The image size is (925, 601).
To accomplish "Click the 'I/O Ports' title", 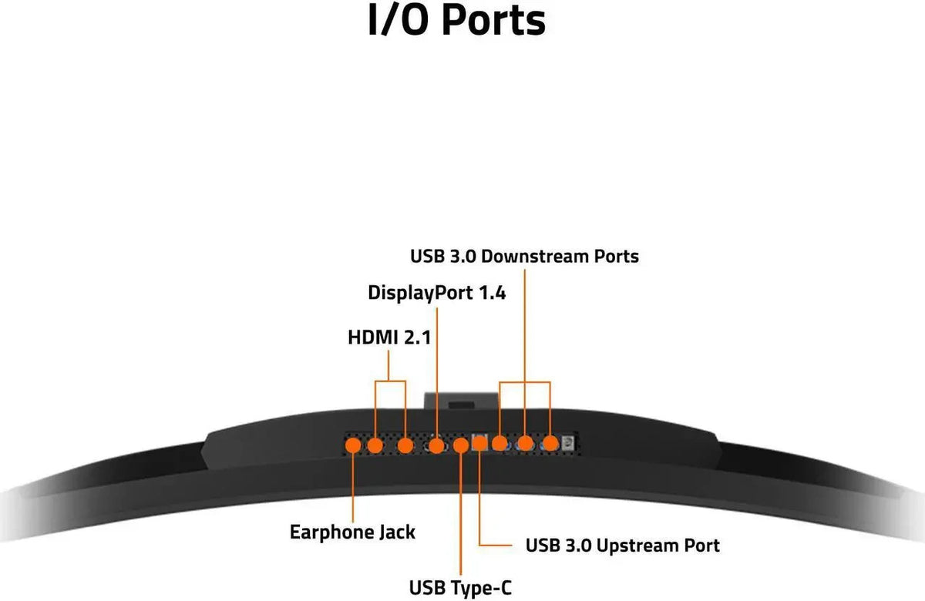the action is (x=456, y=20).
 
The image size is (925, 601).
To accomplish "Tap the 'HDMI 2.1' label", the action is (x=389, y=337).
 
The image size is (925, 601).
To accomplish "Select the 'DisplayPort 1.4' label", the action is (x=436, y=293).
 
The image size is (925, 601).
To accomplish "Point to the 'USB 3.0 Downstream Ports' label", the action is (x=524, y=257).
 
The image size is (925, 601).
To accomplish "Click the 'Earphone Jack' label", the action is (x=352, y=532).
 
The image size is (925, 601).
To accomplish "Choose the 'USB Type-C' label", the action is (x=460, y=587).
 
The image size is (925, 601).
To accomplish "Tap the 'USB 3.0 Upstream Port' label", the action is (x=622, y=546).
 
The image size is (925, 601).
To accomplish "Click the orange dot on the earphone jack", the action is (x=353, y=446).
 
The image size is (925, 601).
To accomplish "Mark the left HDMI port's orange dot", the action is (x=375, y=446).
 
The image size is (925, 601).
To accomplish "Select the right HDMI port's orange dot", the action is (x=405, y=446).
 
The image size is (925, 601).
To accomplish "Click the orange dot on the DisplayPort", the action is (x=436, y=446).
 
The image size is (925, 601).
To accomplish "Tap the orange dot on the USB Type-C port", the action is (x=461, y=446).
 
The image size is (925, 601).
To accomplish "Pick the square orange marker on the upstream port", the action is (x=479, y=443).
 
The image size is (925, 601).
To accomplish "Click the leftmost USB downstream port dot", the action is (x=499, y=444).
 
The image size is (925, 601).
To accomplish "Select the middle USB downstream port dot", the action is (x=525, y=444).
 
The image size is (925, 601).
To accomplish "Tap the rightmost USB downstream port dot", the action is (x=550, y=444).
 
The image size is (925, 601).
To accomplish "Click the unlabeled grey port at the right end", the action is (x=568, y=443).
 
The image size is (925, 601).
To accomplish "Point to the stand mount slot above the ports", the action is (x=461, y=405).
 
